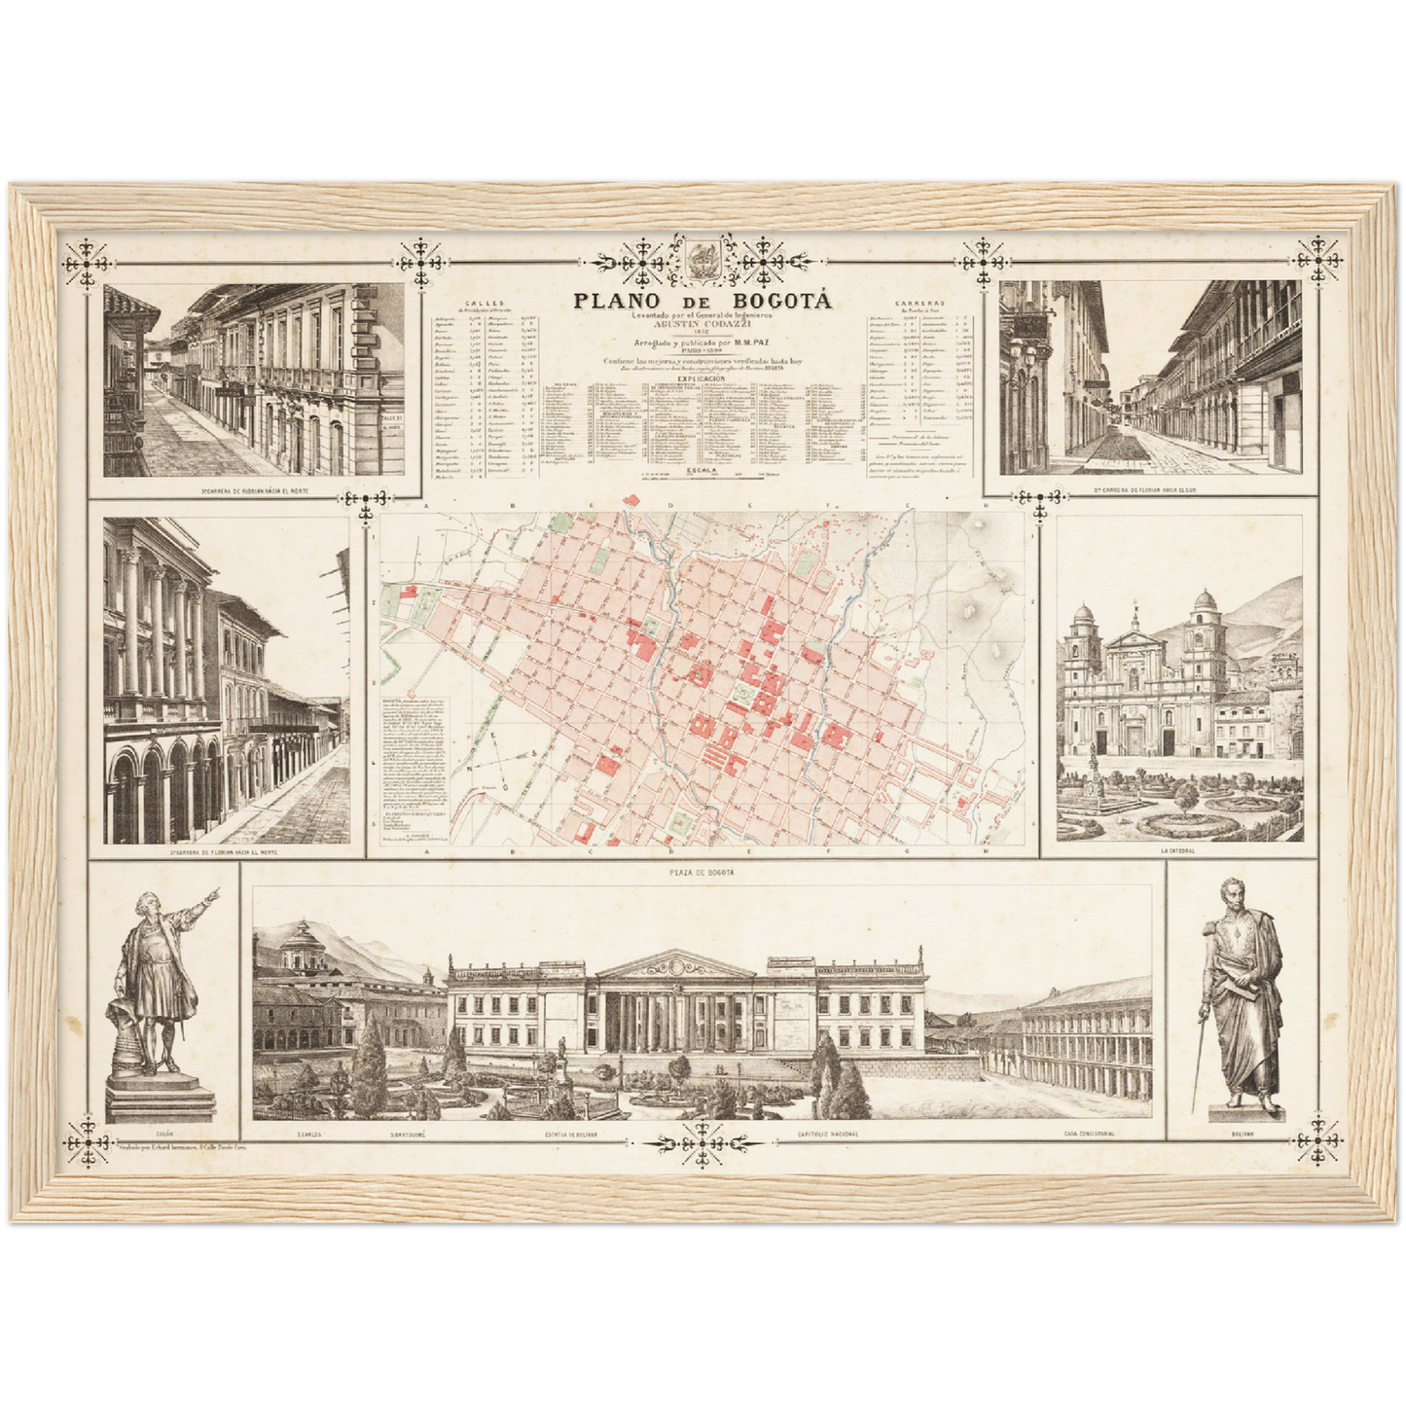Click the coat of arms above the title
click(702, 260)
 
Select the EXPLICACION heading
click(702, 379)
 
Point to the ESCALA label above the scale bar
click(702, 469)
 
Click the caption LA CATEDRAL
click(1178, 850)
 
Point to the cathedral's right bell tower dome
click(1204, 600)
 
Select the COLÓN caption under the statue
click(162, 1134)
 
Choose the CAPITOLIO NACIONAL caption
click(828, 1135)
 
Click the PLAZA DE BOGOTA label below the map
click(702, 873)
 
